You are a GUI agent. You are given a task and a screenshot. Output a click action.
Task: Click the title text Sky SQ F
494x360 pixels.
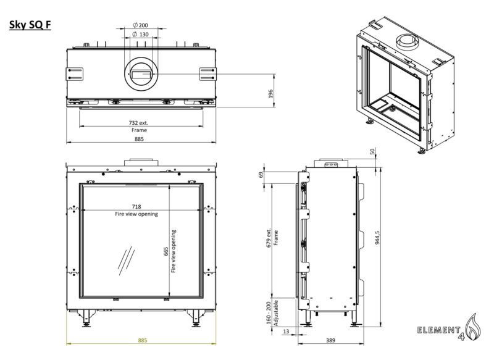click(30, 25)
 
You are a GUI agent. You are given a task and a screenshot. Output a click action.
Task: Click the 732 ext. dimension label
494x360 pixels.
click(139, 123)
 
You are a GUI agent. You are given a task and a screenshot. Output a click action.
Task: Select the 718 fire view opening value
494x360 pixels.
click(136, 206)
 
